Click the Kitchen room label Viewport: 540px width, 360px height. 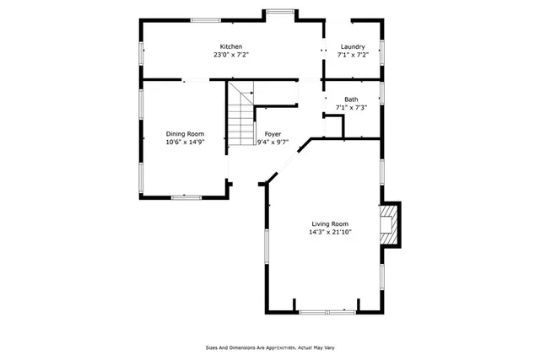click(x=231, y=46)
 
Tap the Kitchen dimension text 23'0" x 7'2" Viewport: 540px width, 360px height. click(x=231, y=55)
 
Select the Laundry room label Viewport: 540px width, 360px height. click(x=352, y=46)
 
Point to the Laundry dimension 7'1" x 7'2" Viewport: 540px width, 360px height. click(x=352, y=55)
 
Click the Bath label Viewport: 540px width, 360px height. click(x=350, y=99)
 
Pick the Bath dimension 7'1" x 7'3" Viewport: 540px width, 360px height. click(x=350, y=108)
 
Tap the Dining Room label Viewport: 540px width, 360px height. click(x=185, y=134)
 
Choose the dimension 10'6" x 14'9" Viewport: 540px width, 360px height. click(x=185, y=142)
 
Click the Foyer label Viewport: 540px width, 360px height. click(x=273, y=134)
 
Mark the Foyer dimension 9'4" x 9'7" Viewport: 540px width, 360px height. click(x=273, y=142)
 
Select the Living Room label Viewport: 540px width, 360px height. click(x=330, y=223)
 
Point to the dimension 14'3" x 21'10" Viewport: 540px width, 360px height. click(x=330, y=232)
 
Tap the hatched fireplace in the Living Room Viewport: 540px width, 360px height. click(x=388, y=225)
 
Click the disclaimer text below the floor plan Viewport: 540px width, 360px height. click(x=281, y=347)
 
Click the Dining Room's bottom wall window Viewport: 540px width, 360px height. click(x=185, y=197)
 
